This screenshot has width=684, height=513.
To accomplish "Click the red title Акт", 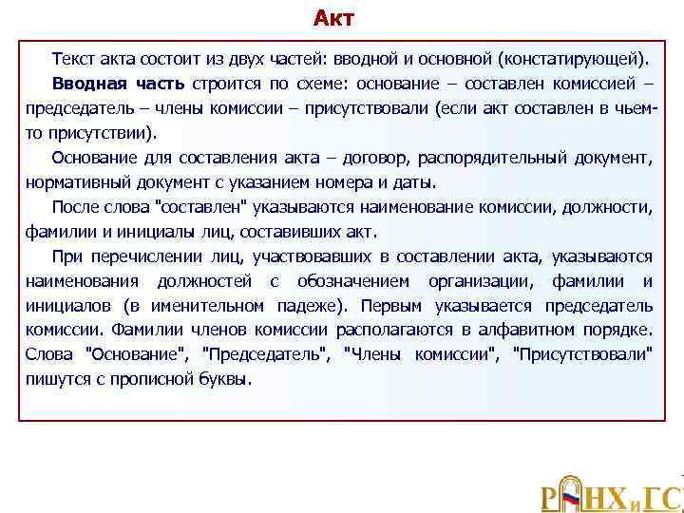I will pos(333,18).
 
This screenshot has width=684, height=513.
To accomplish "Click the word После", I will pos(74,205).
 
